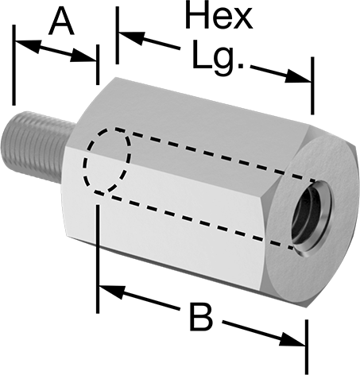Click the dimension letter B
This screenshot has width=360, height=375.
tap(201, 318)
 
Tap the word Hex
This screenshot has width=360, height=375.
tap(219, 14)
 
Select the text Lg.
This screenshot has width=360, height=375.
tap(217, 58)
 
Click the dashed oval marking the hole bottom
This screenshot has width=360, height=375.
tap(106, 160)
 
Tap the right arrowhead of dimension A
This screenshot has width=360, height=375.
tap(83, 56)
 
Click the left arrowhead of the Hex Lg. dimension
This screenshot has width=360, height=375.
tap(132, 38)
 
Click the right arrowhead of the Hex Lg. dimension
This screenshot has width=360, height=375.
tap(297, 77)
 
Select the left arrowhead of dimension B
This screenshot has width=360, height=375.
tap(111, 292)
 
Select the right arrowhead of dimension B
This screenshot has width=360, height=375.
tap(292, 340)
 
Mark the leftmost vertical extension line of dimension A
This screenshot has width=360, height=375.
tap(14, 65)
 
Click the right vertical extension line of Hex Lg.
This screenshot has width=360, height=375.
tap(312, 86)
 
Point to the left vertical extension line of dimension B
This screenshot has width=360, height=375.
tap(98, 259)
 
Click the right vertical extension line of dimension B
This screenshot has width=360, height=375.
tap(307, 347)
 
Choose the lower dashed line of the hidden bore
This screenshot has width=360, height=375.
tap(193, 220)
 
